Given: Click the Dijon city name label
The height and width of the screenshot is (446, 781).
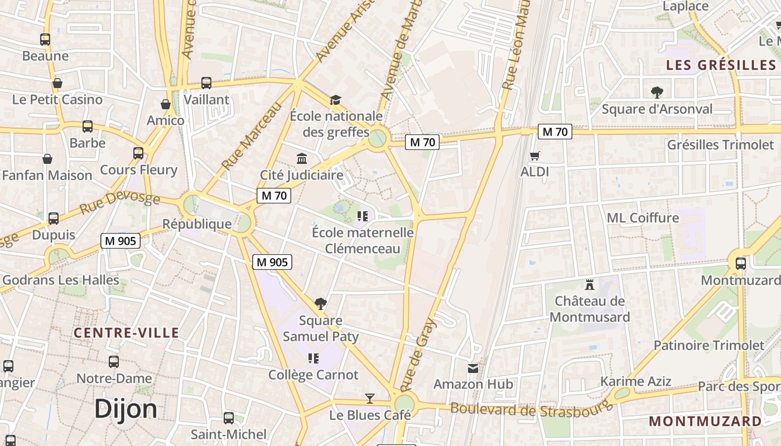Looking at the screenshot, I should click(126, 409).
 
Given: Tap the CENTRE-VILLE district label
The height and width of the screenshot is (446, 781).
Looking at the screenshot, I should click(127, 333).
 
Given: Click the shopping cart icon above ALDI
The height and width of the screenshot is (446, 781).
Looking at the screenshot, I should click(535, 156).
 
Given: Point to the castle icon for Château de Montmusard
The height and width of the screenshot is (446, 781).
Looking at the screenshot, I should click(589, 285).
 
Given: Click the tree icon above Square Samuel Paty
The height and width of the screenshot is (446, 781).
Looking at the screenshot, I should click(321, 304).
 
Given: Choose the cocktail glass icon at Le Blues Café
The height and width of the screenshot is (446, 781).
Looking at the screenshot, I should click(369, 399).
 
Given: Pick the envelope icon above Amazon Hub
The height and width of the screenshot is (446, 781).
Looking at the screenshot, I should click(473, 368).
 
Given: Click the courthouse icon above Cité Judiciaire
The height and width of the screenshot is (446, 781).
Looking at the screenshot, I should click(302, 159).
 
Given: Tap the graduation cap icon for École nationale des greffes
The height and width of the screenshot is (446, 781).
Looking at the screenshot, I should click(335, 100).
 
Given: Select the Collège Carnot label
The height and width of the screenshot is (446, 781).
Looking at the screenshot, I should click(313, 375).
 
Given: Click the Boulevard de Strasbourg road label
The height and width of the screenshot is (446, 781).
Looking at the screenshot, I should click(531, 410).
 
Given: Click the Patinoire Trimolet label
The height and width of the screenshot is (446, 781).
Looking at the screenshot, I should click(708, 345).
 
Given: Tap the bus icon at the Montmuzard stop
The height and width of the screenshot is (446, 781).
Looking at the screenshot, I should click(740, 264).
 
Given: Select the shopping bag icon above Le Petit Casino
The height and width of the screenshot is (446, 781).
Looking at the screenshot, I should click(57, 84).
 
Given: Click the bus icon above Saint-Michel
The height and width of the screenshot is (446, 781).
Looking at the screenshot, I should click(229, 418).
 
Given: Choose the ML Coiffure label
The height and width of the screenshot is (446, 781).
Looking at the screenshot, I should click(643, 217).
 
